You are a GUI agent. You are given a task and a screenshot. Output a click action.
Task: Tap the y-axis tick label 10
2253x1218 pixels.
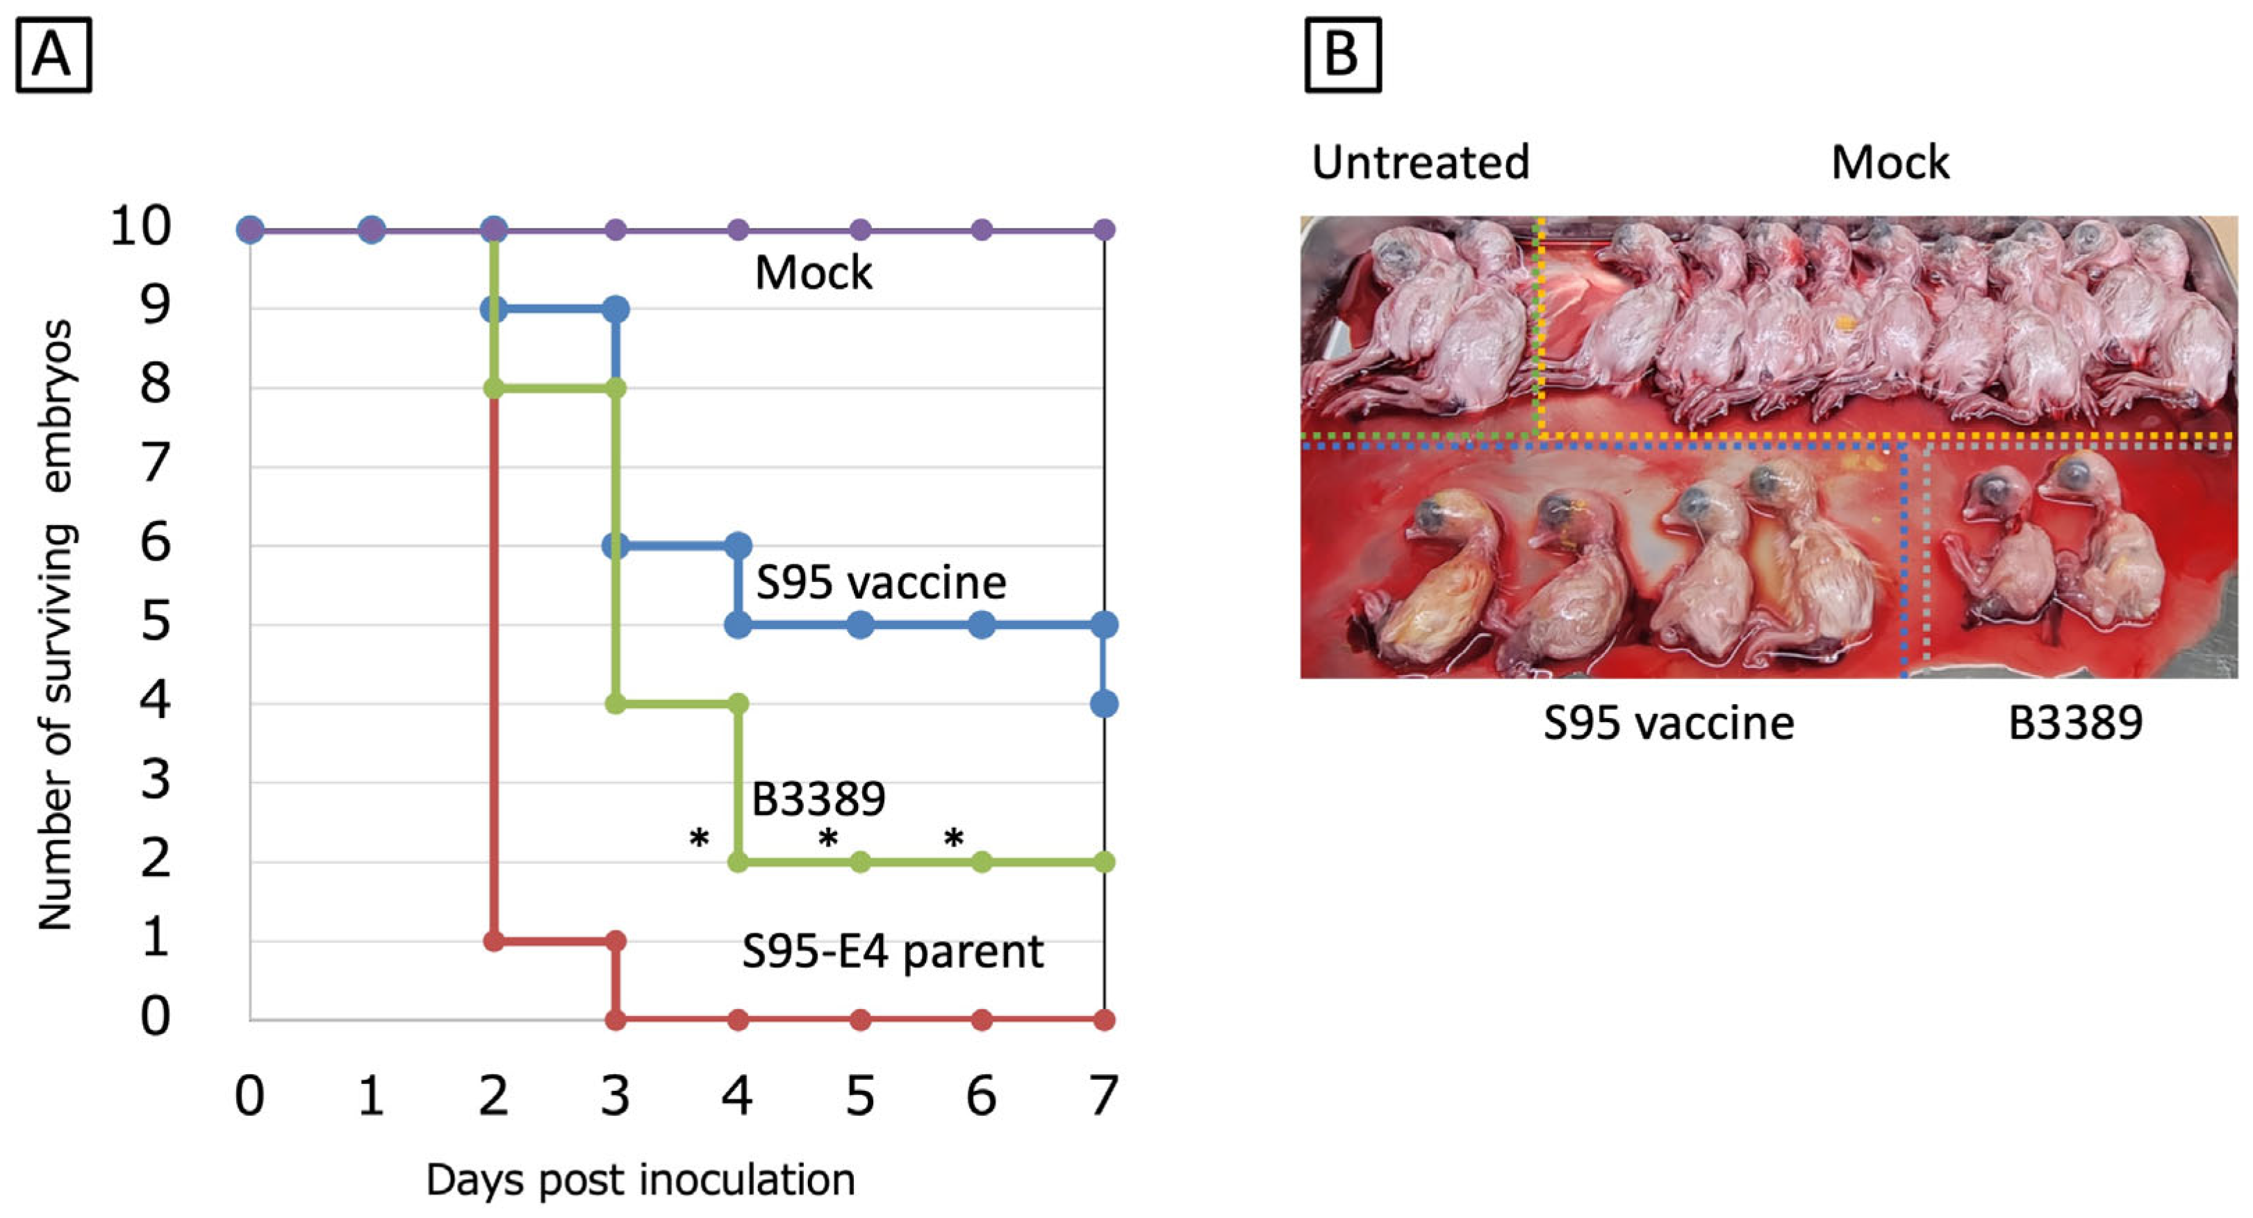tap(140, 226)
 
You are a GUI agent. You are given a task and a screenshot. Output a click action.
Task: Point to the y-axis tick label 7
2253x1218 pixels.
tap(156, 463)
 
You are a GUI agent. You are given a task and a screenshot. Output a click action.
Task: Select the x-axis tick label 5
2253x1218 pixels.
tap(860, 1094)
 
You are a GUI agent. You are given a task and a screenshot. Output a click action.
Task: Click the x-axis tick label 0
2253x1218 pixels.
tap(250, 1094)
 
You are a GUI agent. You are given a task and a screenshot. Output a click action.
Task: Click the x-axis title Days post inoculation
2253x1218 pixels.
tap(641, 1181)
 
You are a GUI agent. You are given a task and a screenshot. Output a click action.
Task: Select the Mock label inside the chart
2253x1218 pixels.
tap(814, 273)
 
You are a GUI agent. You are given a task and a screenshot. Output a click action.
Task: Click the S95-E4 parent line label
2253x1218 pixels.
tap(892, 951)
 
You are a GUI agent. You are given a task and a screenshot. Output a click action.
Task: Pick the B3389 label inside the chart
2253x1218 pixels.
tap(818, 797)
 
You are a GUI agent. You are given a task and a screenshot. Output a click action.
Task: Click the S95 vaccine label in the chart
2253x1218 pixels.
tap(881, 583)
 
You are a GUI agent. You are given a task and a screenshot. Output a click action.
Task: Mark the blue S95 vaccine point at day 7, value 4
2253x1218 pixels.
tap(1105, 704)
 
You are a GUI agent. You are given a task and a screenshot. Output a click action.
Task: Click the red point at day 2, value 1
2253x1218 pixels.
tap(494, 941)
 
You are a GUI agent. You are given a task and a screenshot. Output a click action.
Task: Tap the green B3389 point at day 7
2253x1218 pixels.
tap(1105, 862)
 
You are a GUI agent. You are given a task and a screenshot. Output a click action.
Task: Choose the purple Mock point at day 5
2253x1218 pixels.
tap(861, 230)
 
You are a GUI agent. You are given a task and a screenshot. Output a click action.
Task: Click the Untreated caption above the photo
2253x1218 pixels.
tap(1420, 162)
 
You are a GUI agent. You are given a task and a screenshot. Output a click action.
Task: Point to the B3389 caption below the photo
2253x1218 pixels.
tap(2074, 723)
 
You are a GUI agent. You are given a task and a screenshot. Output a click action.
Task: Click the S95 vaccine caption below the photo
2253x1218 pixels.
tap(1668, 723)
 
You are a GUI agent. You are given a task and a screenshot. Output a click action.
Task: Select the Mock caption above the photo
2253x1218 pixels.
tap(1890, 162)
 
